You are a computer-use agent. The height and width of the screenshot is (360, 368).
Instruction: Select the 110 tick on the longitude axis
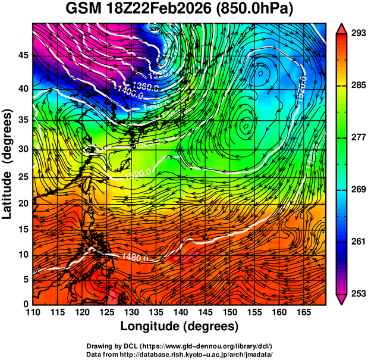point(33,311)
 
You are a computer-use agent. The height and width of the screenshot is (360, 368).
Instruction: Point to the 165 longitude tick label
point(302,311)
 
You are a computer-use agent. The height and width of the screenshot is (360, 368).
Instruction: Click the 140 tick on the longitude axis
point(180,311)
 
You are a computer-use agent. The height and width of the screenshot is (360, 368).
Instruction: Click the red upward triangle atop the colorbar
point(342,28)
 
